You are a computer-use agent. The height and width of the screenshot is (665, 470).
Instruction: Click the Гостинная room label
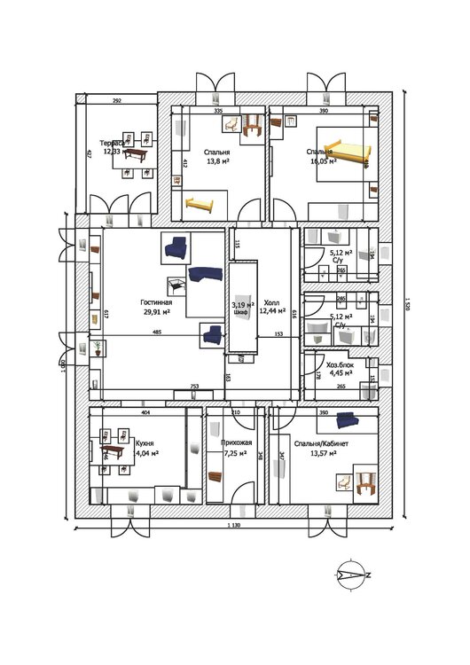155,301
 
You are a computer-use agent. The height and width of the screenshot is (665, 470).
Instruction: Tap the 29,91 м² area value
157,311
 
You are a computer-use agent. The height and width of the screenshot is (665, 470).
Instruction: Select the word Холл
270,303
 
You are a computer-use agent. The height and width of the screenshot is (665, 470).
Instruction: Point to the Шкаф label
240,313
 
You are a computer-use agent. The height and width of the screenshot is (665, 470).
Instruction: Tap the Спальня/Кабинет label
323,443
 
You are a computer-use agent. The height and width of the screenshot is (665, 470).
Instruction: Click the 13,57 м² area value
325,453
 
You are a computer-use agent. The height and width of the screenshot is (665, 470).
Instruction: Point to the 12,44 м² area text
273,311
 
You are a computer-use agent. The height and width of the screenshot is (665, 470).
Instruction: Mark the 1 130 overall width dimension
235,526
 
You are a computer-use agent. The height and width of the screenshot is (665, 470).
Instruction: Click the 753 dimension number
193,387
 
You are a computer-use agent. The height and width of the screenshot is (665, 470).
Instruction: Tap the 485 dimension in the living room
157,332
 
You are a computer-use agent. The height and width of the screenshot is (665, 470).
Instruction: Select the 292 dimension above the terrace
116,102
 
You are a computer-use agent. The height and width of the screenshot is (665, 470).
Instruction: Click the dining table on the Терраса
136,154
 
